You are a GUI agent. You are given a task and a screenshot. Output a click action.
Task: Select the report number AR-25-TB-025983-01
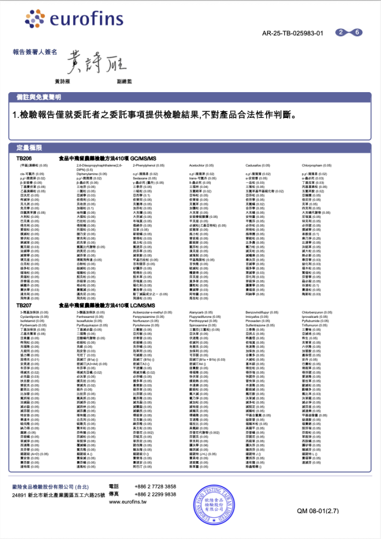292,33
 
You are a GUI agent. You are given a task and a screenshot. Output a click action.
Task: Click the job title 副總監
124,81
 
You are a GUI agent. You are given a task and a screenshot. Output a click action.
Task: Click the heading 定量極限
29,148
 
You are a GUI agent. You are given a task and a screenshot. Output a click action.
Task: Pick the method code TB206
24,158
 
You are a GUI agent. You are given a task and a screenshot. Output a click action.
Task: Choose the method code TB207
24,305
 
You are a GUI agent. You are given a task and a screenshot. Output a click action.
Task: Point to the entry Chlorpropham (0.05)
317,165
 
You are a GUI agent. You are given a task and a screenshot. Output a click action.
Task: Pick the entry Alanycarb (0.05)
201,312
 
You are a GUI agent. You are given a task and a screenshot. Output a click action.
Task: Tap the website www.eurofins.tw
128,502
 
